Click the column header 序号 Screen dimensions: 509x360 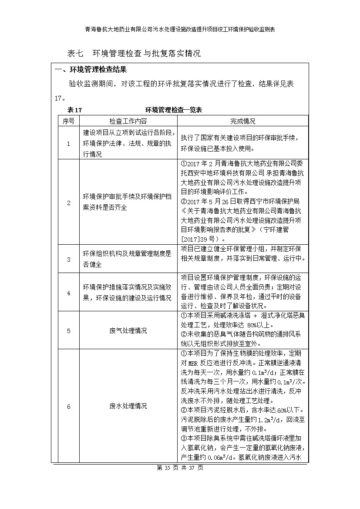[x=68, y=121]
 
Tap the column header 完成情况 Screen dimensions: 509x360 [x=242, y=121]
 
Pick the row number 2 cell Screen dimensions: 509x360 [x=68, y=203]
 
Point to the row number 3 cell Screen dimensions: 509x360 [x=68, y=259]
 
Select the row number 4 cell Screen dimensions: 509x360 [x=68, y=293]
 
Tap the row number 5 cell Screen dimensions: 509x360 [x=68, y=330]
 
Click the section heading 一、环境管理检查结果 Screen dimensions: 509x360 [x=91, y=70]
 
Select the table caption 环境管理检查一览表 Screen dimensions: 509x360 [x=173, y=110]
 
